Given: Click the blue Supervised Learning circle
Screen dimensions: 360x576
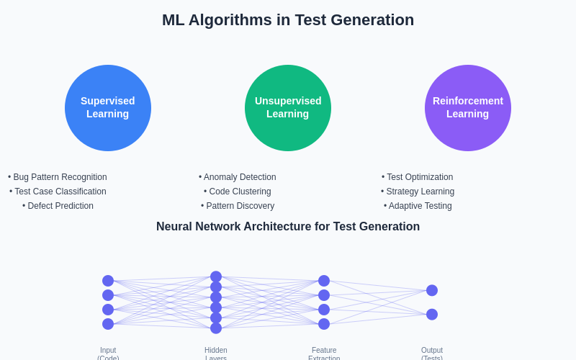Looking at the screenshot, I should pyautogui.click(x=108, y=108).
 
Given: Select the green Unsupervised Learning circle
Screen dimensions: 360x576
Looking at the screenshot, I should pyautogui.click(x=288, y=108).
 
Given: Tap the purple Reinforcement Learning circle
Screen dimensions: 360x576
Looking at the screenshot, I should pyautogui.click(x=468, y=108).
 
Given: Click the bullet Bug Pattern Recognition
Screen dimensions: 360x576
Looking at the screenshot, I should pyautogui.click(x=58, y=177).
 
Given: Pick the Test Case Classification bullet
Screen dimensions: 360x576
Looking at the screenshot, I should pyautogui.click(x=58, y=192).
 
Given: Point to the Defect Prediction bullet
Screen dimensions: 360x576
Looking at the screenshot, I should pyautogui.click(x=58, y=206).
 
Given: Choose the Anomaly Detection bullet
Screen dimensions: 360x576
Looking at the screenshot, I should pyautogui.click(x=238, y=177).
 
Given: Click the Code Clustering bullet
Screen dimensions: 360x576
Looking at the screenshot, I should pyautogui.click(x=238, y=192).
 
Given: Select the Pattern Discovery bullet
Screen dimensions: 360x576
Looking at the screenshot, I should pyautogui.click(x=238, y=206).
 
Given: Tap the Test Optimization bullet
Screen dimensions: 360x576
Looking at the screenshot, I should pyautogui.click(x=418, y=177).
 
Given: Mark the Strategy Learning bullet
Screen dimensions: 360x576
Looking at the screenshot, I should pyautogui.click(x=418, y=192).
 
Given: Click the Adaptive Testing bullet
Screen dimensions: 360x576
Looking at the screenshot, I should pyautogui.click(x=418, y=206).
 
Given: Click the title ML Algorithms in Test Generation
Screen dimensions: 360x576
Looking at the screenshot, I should pyautogui.click(x=288, y=20).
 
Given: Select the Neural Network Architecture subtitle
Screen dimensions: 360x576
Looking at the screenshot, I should pyautogui.click(x=288, y=227).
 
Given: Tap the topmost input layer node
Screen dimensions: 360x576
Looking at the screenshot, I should pyautogui.click(x=108, y=281).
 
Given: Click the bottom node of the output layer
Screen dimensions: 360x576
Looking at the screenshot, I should pyautogui.click(x=432, y=315).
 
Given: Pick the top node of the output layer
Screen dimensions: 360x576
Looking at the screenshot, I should pyautogui.click(x=432, y=290).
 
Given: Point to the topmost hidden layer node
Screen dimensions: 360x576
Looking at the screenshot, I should pyautogui.click(x=216, y=276).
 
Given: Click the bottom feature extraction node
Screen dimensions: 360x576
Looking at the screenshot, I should pyautogui.click(x=324, y=324).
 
